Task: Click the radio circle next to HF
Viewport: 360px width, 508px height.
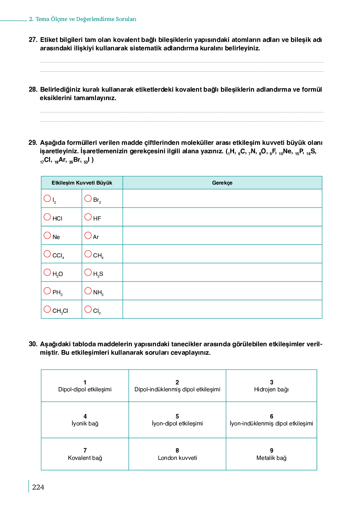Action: [x=88, y=217]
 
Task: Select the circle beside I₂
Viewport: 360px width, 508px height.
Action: [x=47, y=198]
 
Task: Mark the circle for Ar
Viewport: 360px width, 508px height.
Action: [x=88, y=235]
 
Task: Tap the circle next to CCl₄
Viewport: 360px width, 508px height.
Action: [x=47, y=254]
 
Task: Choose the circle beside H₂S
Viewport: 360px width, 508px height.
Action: [x=88, y=272]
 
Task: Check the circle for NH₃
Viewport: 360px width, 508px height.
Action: [x=88, y=291]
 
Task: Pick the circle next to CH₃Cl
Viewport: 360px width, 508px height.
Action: [x=47, y=309]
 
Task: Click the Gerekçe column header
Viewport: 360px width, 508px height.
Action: [x=222, y=183]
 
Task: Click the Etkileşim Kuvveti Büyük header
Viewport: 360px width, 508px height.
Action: [x=82, y=183]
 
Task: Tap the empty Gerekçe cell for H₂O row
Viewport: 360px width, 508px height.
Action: [x=222, y=272]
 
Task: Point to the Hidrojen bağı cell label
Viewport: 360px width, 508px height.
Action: [x=271, y=389]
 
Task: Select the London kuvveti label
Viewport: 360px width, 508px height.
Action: [x=177, y=458]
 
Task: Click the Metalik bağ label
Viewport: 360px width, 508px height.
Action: [x=271, y=458]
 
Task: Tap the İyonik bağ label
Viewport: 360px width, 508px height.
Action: [x=85, y=424]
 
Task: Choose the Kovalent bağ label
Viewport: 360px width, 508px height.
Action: [x=85, y=458]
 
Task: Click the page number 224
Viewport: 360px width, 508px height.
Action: [x=38, y=487]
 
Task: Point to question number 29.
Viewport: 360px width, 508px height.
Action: [x=33, y=143]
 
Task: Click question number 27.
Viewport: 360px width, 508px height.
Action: [x=33, y=40]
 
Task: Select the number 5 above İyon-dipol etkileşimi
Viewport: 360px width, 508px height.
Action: [x=177, y=416]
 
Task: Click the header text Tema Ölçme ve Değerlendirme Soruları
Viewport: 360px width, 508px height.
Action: [x=86, y=19]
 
